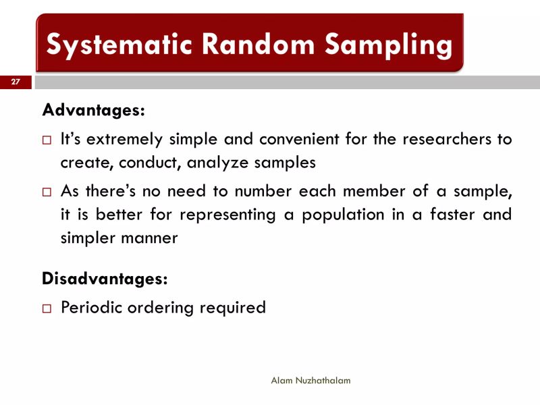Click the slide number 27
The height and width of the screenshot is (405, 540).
(16, 82)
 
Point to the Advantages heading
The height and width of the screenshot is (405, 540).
(93, 109)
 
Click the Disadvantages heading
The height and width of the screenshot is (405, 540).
(105, 277)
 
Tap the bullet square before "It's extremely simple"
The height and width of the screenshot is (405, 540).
(47, 141)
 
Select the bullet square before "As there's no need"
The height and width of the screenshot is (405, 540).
(47, 192)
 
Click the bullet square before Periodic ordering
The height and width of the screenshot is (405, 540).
(47, 308)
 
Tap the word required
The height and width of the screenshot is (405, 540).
(233, 308)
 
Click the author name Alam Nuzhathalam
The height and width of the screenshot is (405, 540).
(310, 381)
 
